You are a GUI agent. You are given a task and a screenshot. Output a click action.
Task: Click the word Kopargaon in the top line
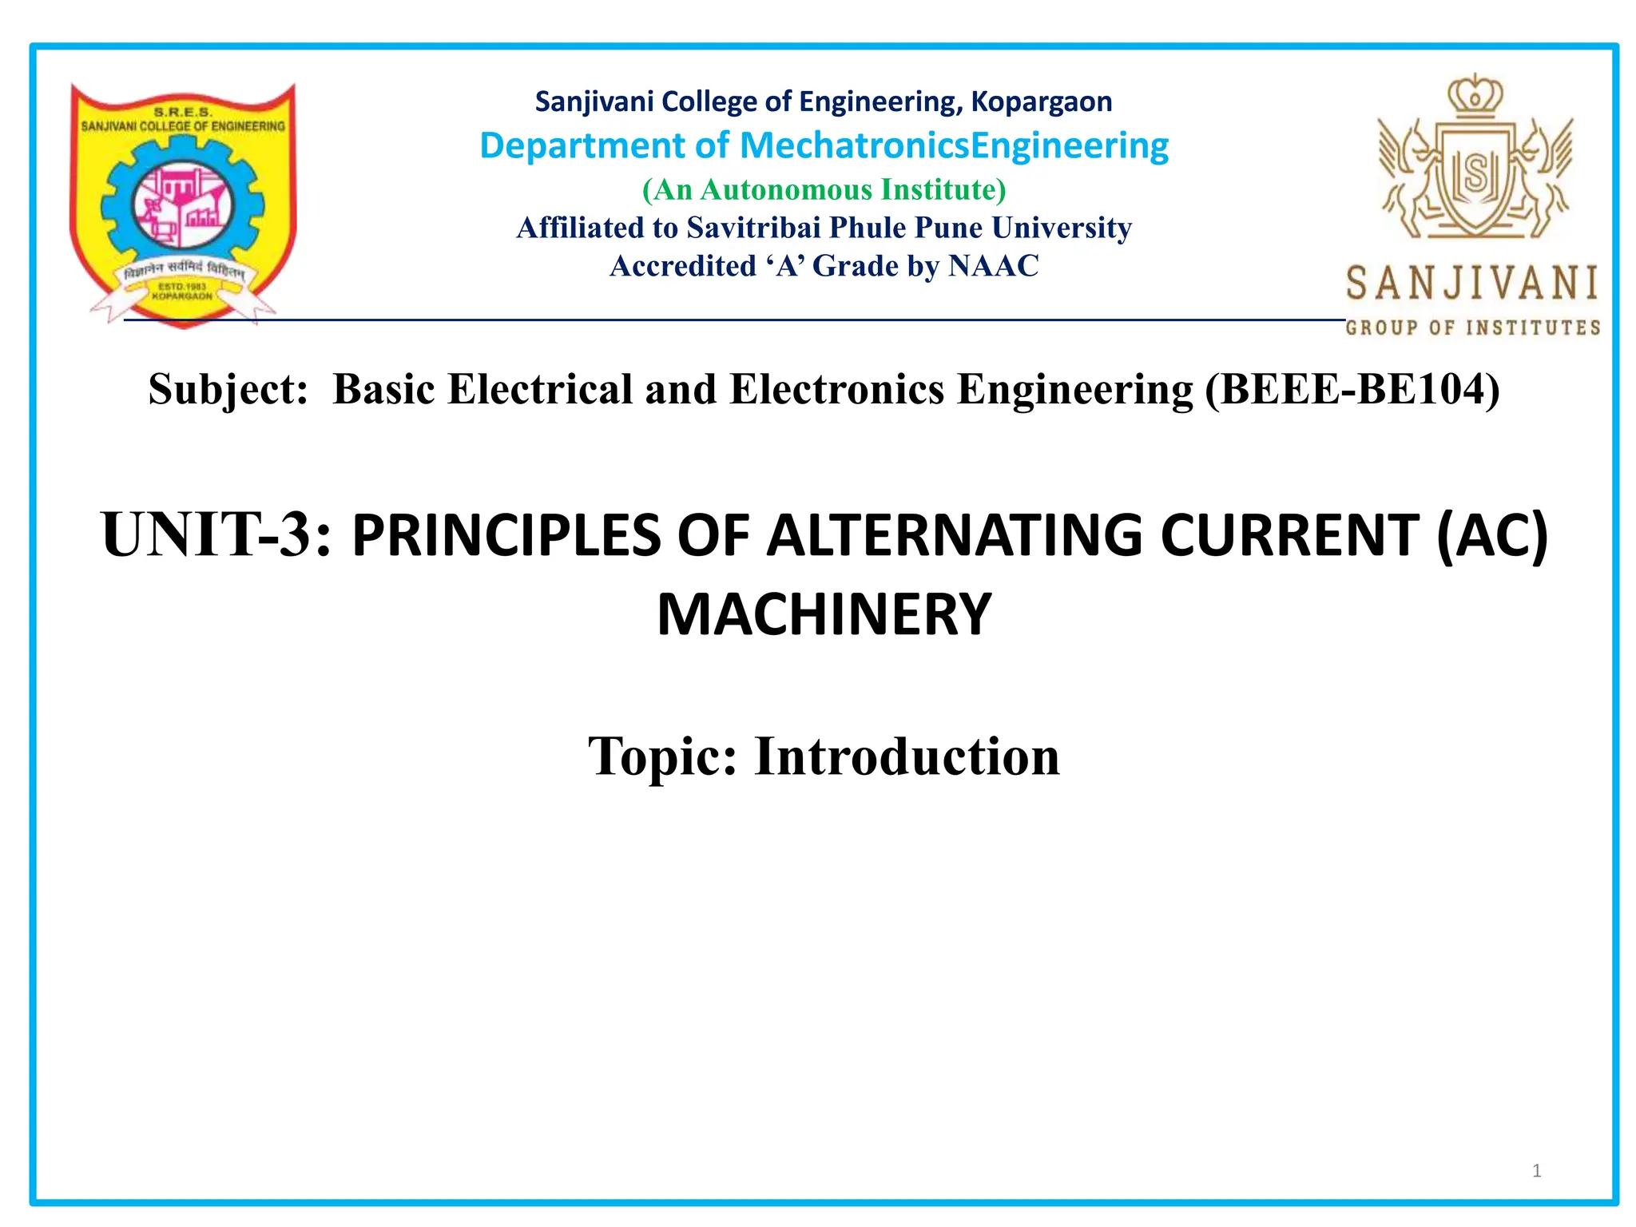click(x=1041, y=102)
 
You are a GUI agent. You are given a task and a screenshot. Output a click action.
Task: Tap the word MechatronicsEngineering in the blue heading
click(x=954, y=145)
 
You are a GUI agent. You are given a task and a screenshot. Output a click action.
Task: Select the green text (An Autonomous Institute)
click(x=824, y=189)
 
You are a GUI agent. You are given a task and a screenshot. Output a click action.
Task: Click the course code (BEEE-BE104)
click(x=1352, y=389)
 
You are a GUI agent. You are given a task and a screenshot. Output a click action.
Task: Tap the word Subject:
click(x=228, y=389)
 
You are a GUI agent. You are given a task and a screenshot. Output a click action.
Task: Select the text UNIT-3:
click(x=216, y=534)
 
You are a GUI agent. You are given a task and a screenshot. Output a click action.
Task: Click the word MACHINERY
click(x=824, y=614)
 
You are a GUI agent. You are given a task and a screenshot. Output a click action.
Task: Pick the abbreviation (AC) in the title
click(x=1491, y=534)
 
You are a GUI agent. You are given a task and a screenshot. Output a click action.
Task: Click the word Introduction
click(x=907, y=756)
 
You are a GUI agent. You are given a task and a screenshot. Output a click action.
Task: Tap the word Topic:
click(x=662, y=756)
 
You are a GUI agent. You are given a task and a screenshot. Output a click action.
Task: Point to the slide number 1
click(x=1536, y=1171)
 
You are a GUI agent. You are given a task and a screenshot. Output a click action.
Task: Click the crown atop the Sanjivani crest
click(x=1475, y=96)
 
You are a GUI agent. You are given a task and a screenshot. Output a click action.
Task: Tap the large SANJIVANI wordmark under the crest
click(x=1472, y=284)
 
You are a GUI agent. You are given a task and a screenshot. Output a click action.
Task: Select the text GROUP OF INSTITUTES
click(x=1472, y=328)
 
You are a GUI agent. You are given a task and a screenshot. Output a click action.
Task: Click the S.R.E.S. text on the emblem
click(x=183, y=113)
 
